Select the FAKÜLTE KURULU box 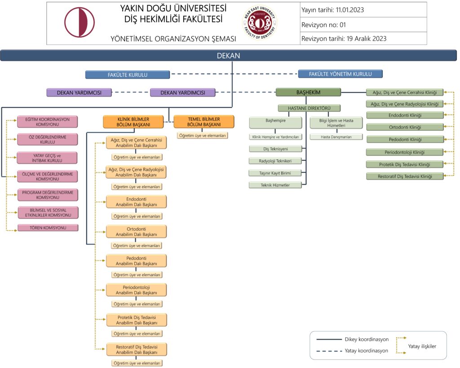(128, 75)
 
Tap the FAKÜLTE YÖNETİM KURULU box (340, 74)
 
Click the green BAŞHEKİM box (308, 92)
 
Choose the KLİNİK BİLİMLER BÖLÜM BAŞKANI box (133, 122)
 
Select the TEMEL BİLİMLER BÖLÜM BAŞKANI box (204, 122)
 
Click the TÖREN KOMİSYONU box (48, 228)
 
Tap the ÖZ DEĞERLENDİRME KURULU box (48, 139)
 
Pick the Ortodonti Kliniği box (405, 127)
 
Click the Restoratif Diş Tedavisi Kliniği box (405, 176)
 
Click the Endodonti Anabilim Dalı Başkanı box (137, 202)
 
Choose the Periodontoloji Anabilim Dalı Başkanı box (137, 290)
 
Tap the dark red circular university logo (80, 22)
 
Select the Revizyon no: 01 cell (363, 25)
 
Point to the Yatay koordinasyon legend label (366, 351)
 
